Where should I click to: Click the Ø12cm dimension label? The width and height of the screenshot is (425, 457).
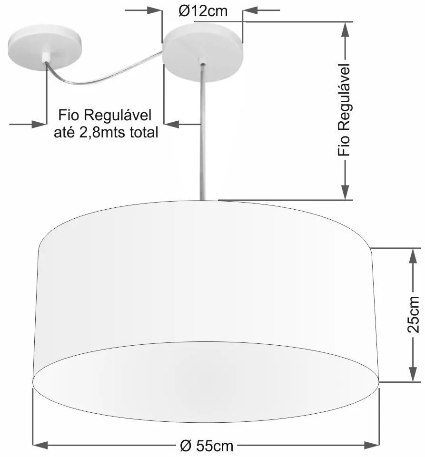click(203, 11)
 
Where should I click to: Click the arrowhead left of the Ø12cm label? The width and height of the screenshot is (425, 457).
click(156, 10)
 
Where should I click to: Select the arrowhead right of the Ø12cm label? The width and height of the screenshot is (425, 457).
click(250, 10)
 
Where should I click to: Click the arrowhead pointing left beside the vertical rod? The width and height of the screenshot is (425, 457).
click(172, 124)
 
